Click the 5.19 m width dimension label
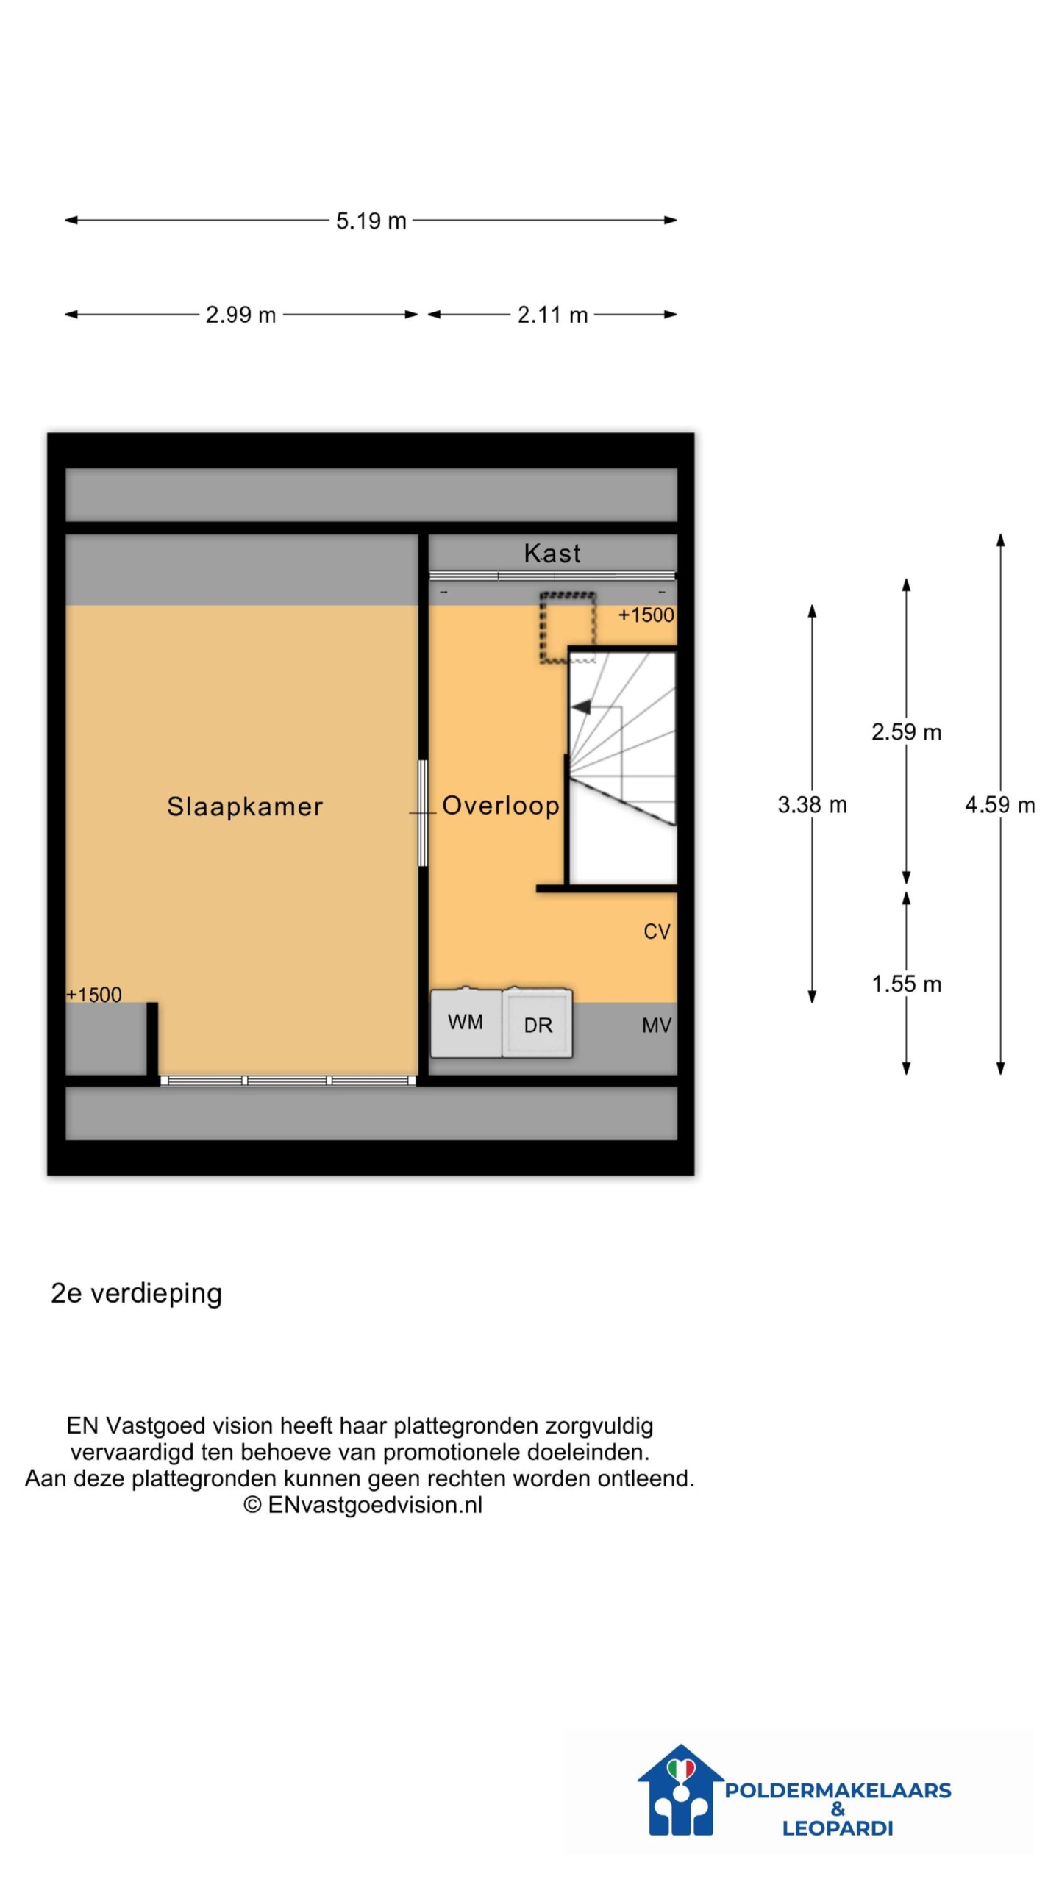(x=371, y=221)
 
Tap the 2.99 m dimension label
(x=240, y=315)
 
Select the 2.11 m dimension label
(x=552, y=315)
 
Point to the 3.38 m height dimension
(x=812, y=804)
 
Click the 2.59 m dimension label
(x=906, y=731)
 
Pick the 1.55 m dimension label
(x=906, y=984)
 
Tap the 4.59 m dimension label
(x=999, y=804)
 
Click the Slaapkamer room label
(x=245, y=806)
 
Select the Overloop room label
(x=501, y=805)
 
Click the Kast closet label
(x=552, y=553)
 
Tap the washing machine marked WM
(x=466, y=1022)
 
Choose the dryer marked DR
(x=538, y=1023)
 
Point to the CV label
(x=657, y=931)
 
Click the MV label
(x=657, y=1025)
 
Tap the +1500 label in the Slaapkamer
(x=93, y=995)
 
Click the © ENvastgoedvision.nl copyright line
(x=363, y=1505)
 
